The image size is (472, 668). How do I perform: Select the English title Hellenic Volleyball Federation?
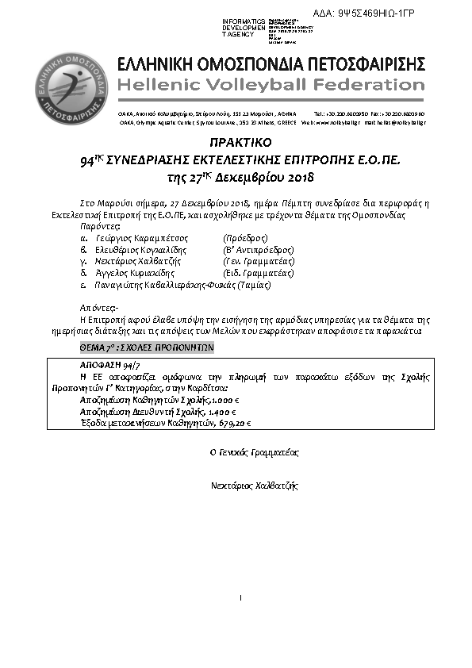pyautogui.click(x=271, y=84)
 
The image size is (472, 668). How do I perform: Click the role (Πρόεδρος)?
pyautogui.click(x=247, y=237)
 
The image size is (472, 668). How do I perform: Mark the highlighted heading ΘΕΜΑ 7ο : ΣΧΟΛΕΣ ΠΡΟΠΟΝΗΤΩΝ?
pyautogui.click(x=147, y=347)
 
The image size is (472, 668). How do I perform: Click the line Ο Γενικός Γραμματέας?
pyautogui.click(x=248, y=451)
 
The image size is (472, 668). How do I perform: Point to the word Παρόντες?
pyautogui.click(x=100, y=226)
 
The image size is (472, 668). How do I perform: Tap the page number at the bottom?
pyautogui.click(x=239, y=596)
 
